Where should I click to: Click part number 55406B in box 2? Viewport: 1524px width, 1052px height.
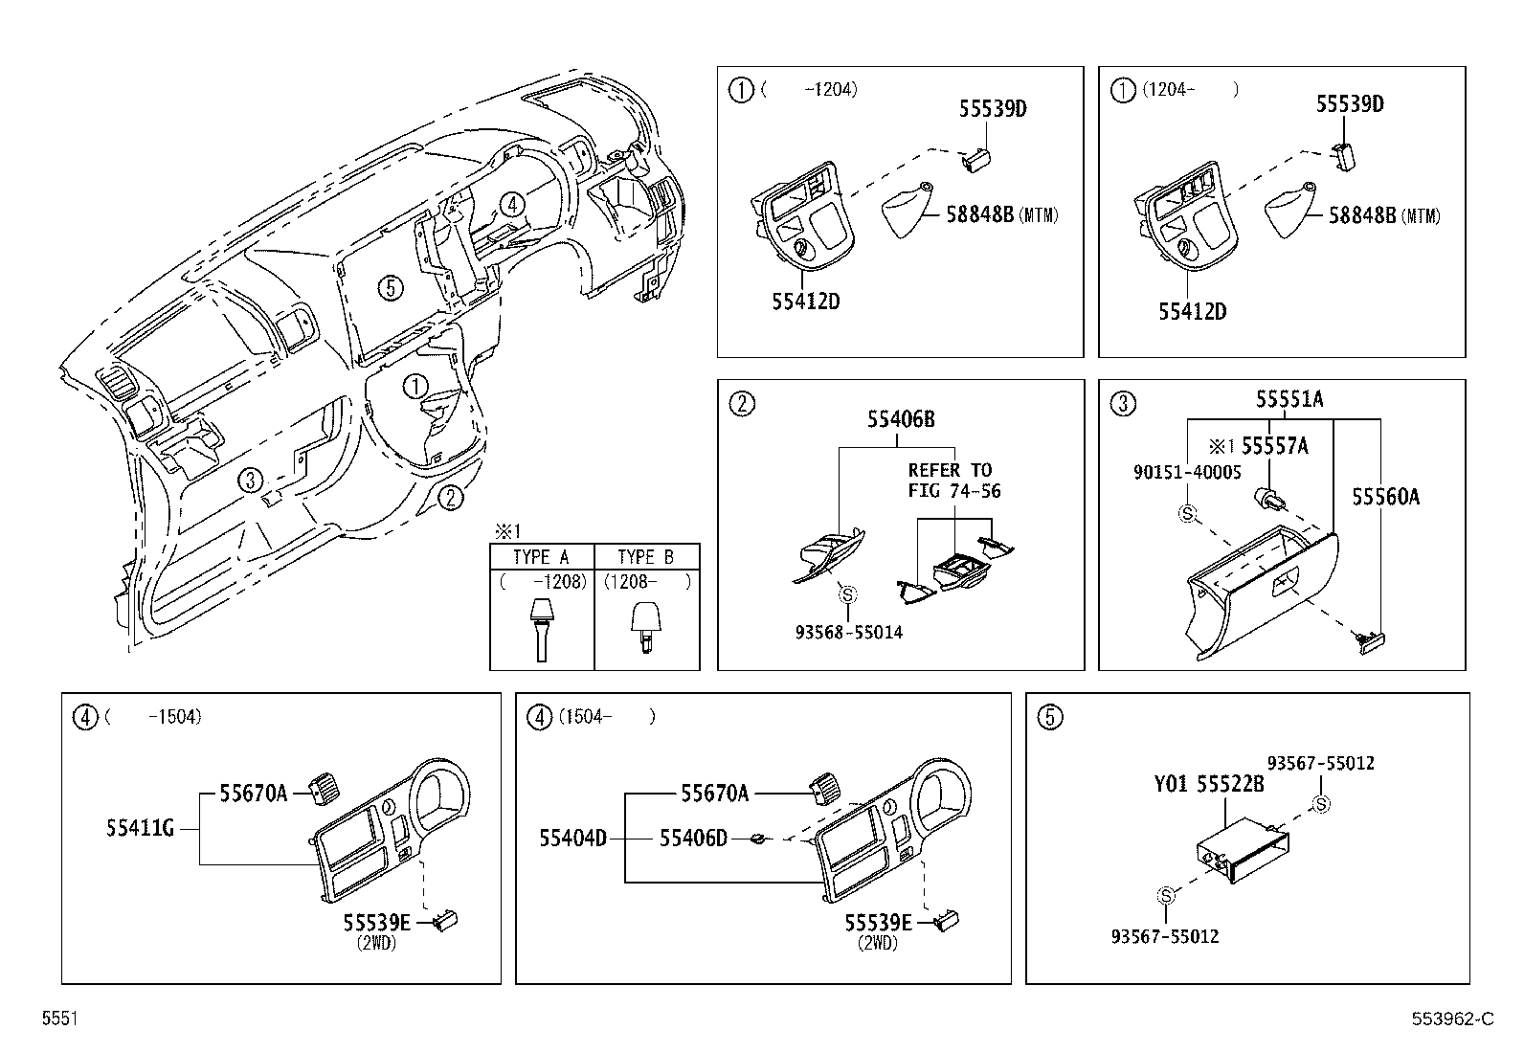coord(901,418)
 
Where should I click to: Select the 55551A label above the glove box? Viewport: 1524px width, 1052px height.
coord(1289,400)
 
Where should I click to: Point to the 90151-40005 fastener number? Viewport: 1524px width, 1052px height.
coord(1187,472)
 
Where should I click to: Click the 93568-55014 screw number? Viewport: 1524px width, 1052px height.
coord(848,632)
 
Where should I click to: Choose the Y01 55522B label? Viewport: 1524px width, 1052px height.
coord(1209,784)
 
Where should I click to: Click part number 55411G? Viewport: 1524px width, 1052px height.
coord(140,828)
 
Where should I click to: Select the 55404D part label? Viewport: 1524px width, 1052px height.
coord(572,839)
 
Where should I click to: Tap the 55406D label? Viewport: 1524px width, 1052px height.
coord(693,839)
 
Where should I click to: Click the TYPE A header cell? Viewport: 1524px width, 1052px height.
coord(541,557)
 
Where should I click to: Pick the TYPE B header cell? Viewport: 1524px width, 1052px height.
coord(646,557)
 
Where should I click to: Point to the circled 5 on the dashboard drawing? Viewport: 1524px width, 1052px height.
coord(388,286)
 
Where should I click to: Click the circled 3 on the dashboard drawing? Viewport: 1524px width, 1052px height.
coord(250,481)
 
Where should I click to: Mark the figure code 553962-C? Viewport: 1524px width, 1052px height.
coord(1451,1019)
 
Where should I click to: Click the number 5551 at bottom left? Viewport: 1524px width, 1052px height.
coord(59,1019)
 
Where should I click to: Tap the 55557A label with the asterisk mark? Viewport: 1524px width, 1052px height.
coord(1264,445)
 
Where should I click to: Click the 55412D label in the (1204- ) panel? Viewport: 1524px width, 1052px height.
coord(1192,311)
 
